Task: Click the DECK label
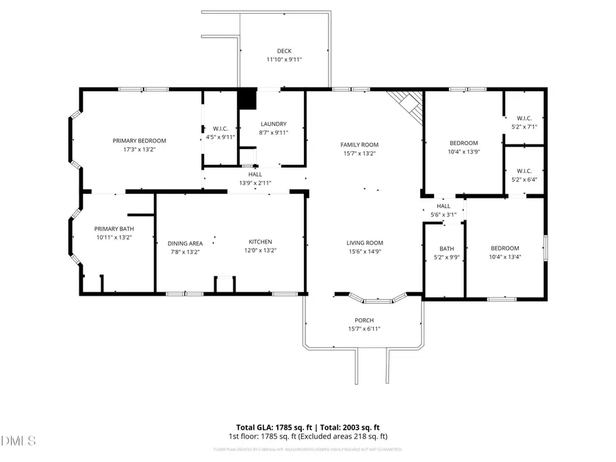(284, 51)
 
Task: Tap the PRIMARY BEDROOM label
(140, 140)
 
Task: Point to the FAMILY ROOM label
(359, 144)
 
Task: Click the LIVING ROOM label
(364, 242)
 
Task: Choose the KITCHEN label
(260, 242)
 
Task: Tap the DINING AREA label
(185, 243)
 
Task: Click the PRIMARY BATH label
(113, 229)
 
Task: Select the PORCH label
(364, 320)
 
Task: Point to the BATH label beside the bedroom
(446, 248)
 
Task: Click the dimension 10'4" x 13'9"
(464, 152)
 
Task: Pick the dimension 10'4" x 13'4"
(504, 257)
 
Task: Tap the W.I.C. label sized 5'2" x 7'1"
(524, 118)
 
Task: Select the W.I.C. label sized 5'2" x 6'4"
(524, 170)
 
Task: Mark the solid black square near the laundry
(246, 99)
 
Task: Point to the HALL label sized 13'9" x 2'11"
(255, 175)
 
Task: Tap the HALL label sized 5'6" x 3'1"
(444, 205)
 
